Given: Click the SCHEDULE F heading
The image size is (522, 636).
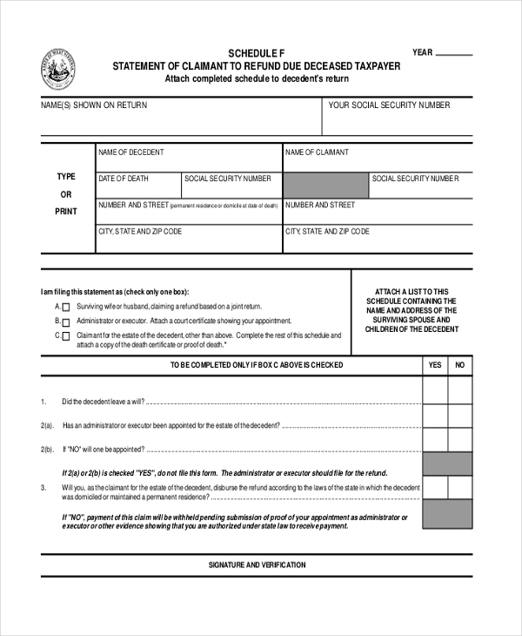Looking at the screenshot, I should point(257,52).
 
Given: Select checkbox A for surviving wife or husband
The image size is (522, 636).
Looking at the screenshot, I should point(66,308).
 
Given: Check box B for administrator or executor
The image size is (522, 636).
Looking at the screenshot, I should point(66,321).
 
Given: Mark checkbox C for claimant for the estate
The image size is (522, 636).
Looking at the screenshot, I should point(66,335).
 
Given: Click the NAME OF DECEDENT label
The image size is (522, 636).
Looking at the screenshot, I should point(131,152).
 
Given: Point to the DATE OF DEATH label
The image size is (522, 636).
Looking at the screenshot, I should point(124,179).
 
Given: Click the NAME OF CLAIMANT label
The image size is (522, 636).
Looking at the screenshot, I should point(317,152).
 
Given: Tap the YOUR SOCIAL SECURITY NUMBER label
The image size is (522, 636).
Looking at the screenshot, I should point(389,105).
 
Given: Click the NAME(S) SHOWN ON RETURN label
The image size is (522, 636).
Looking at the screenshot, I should point(94,105).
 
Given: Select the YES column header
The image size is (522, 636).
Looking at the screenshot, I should point(435,365).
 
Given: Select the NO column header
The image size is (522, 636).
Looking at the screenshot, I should point(460,365).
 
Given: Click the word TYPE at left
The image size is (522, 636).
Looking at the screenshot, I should point(66,177).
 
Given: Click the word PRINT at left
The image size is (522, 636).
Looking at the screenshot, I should point(66,212).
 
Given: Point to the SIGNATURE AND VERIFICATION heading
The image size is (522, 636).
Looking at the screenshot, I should point(257,565).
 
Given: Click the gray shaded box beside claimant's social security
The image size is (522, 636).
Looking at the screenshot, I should point(326,186).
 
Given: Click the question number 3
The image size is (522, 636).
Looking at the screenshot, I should point(43,488).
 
